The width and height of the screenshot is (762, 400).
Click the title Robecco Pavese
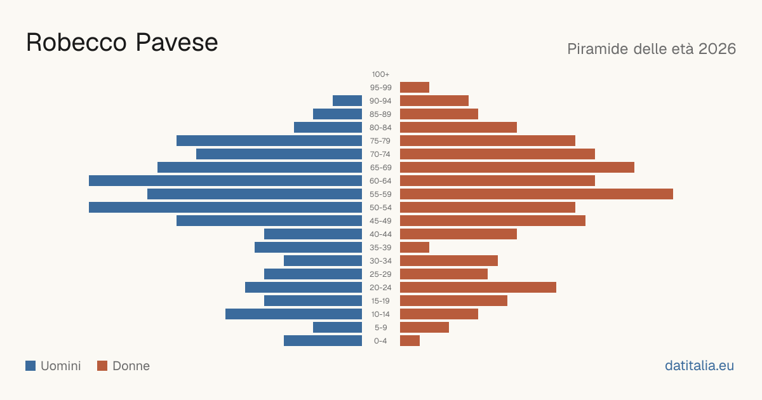[122, 43]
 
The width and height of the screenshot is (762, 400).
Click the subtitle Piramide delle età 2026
[652, 49]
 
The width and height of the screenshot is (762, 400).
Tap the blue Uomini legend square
[30, 366]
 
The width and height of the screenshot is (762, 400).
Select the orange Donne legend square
[102, 366]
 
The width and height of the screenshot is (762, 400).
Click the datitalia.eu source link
[699, 366]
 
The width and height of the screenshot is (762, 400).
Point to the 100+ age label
[380, 74]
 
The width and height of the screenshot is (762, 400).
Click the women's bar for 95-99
[415, 88]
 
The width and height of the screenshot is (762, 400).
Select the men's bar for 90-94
[347, 101]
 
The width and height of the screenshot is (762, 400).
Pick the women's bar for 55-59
[537, 194]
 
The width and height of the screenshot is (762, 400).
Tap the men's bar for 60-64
[225, 180]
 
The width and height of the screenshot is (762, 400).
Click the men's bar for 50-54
[225, 207]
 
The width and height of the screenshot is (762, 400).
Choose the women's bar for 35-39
[415, 247]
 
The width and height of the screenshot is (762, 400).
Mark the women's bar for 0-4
[410, 340]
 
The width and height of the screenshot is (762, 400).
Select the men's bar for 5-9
[337, 327]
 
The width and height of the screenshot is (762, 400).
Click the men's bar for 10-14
[293, 314]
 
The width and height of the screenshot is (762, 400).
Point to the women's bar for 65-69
[517, 168]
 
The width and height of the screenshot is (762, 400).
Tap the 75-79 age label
[380, 141]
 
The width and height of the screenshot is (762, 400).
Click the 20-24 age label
[380, 288]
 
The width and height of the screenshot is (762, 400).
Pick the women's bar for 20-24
[478, 288]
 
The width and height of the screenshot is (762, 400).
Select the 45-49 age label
[380, 221]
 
